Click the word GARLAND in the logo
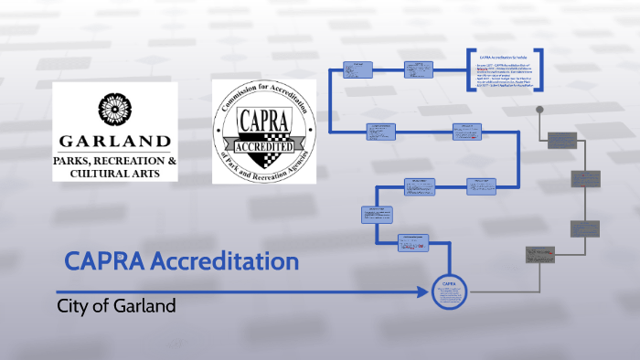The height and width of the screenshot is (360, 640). point(114,142)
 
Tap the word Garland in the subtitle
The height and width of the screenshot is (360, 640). point(144,305)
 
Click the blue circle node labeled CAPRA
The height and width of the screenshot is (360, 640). point(450,292)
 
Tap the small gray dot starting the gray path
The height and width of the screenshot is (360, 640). point(540,110)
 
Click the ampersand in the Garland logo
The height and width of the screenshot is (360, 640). point(171,161)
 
